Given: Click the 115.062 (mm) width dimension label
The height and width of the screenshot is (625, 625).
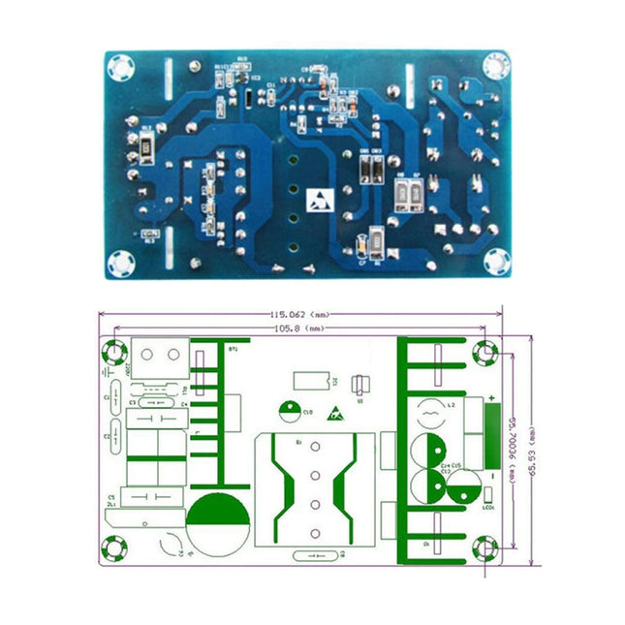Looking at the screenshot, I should [x=301, y=315].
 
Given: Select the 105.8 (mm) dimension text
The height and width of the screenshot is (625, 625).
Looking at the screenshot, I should [x=301, y=329].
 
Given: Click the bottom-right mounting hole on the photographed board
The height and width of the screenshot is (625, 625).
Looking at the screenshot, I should [x=495, y=263].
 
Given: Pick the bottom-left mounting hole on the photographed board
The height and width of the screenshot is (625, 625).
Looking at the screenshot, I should [x=122, y=263].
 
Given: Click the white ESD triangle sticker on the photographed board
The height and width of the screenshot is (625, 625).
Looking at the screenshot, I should [x=319, y=201].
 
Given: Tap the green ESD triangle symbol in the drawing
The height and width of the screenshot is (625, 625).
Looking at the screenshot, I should [x=336, y=412].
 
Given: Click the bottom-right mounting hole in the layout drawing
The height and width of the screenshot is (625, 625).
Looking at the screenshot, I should [x=484, y=549].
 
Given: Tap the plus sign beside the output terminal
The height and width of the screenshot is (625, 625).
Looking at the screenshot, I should [x=492, y=398].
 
